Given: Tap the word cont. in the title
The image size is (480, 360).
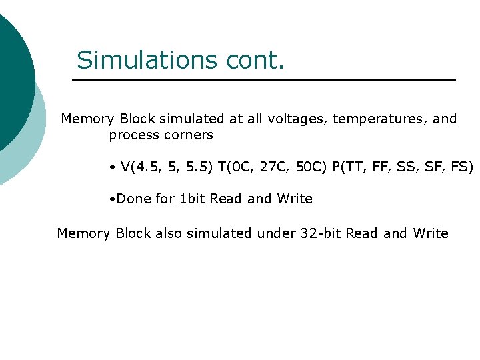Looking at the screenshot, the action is (x=255, y=60).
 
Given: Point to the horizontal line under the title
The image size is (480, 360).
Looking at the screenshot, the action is (x=263, y=80).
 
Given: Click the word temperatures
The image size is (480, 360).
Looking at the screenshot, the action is (x=381, y=119).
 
